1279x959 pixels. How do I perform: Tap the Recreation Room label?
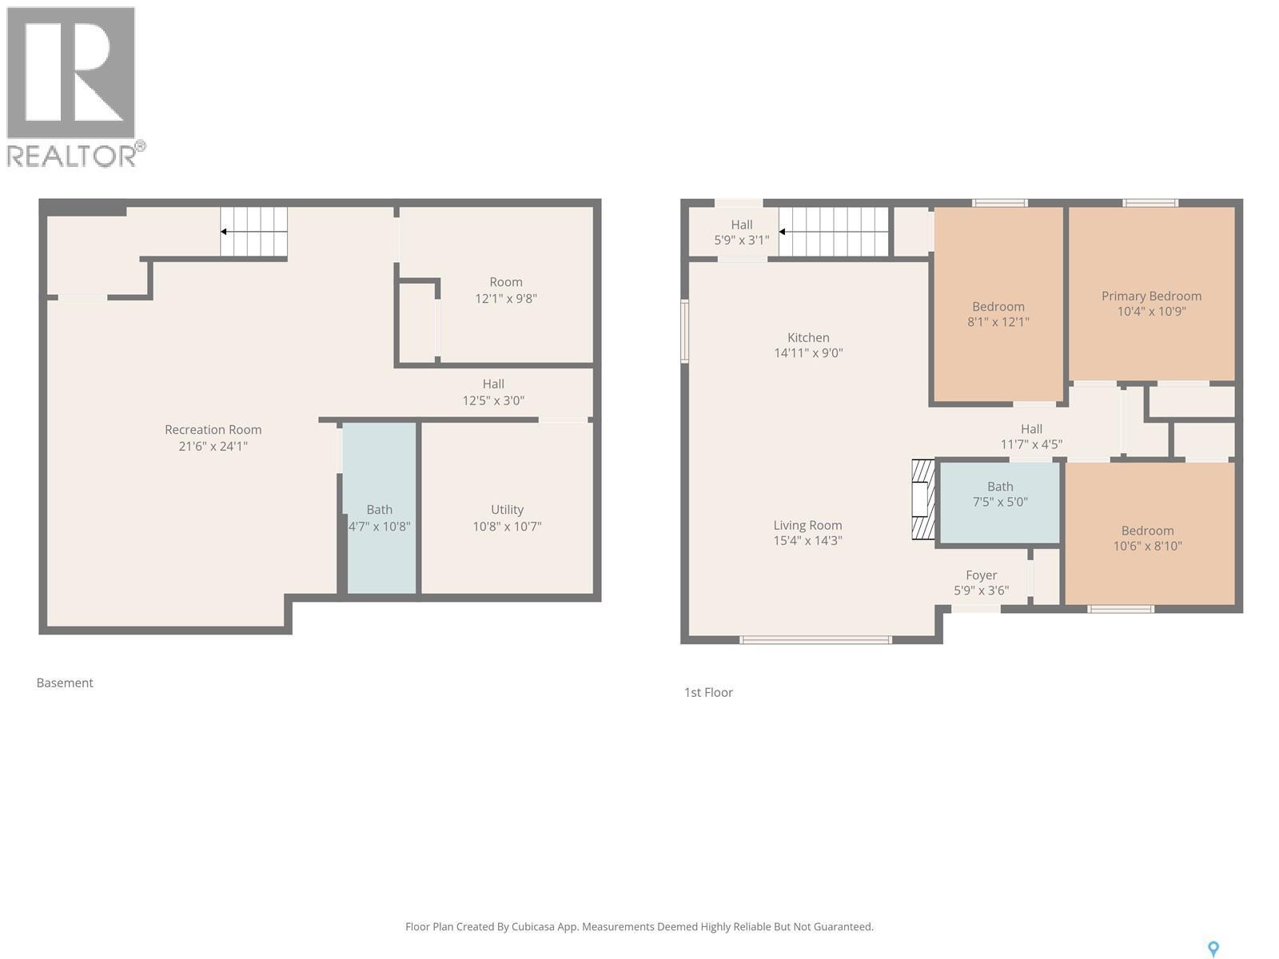213,430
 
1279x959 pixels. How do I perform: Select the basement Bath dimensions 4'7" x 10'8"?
380,527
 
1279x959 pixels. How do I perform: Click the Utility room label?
507,510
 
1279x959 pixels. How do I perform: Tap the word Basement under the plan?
65,682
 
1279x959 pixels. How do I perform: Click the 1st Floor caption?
708,692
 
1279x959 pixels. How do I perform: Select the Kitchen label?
808,337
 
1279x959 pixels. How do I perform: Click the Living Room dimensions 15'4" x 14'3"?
807,541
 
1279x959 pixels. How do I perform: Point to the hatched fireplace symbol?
923,499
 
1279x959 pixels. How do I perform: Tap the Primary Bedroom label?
1151,296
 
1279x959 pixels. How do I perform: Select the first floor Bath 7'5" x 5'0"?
1000,494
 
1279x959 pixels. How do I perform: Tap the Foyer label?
981,575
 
